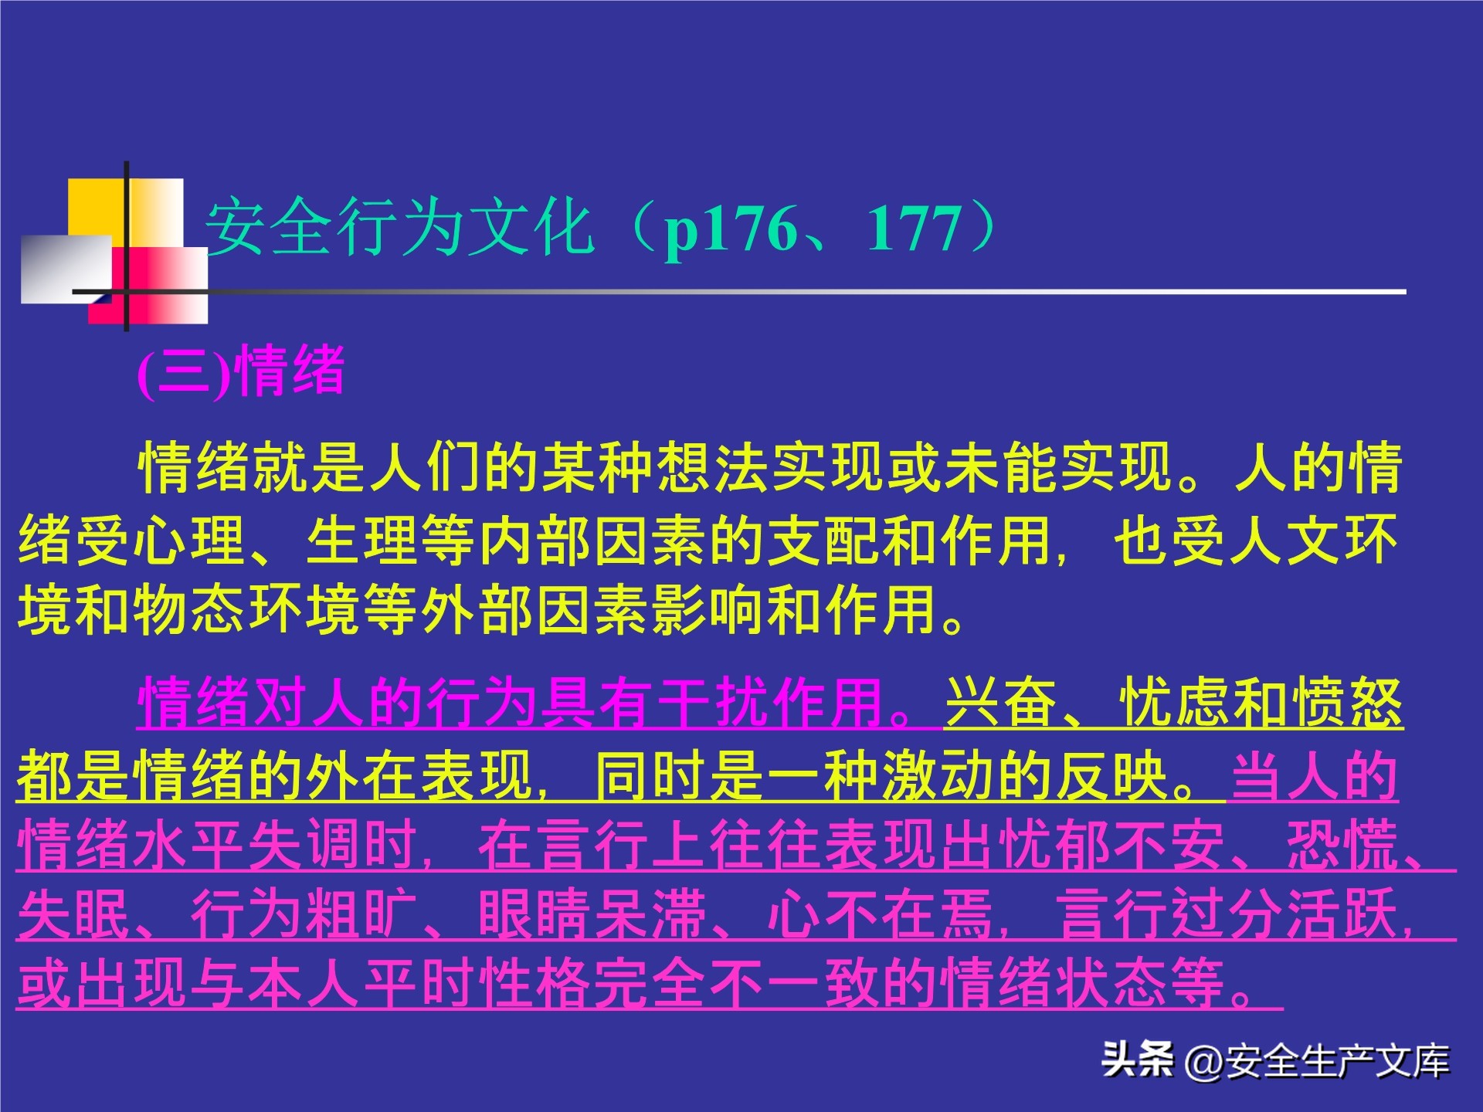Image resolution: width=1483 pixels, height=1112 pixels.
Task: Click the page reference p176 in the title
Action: tap(731, 229)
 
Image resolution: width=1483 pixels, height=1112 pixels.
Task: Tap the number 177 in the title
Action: tap(915, 229)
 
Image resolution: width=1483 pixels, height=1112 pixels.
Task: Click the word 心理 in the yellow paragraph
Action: tap(190, 540)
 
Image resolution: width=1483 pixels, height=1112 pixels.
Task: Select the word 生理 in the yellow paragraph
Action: tap(363, 540)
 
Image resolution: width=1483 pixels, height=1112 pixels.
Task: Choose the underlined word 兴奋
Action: tap(1001, 702)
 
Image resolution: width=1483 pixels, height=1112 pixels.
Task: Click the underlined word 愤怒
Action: tap(1347, 702)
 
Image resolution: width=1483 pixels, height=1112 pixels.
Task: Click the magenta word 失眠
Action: tap(74, 914)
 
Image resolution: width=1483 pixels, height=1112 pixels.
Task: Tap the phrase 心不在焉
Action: tap(881, 914)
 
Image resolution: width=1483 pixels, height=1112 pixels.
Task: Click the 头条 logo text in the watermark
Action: tap(1137, 1060)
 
